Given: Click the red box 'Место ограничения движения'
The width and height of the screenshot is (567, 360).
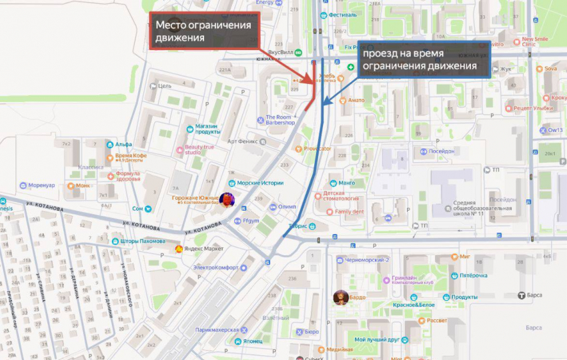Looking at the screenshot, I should [x=204, y=31].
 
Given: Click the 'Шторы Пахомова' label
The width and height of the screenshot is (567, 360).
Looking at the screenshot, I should [x=143, y=241].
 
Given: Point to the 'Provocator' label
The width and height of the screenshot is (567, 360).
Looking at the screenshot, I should [x=317, y=149].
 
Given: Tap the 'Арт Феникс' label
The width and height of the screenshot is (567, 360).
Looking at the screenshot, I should [x=243, y=141].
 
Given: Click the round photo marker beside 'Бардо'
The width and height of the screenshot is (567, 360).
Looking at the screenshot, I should [x=341, y=297].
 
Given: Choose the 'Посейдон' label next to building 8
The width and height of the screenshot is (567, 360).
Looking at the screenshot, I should [x=440, y=151].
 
